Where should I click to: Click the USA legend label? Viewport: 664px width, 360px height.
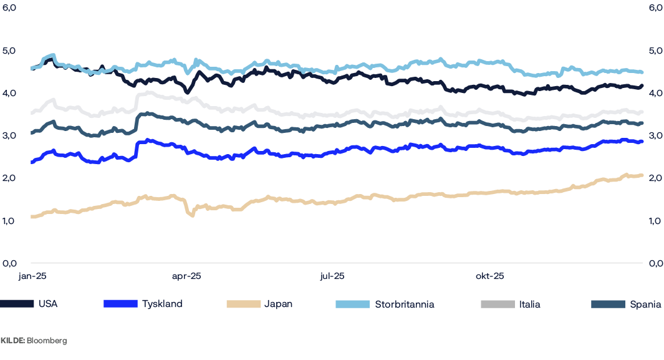tap(48, 304)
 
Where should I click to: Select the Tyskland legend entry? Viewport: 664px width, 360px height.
tap(162, 304)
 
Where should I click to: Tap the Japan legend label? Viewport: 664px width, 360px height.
tap(278, 304)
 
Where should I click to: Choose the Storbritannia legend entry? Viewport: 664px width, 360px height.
tap(404, 304)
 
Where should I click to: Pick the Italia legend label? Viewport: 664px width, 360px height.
tap(529, 304)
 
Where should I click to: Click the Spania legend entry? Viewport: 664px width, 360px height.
tap(645, 304)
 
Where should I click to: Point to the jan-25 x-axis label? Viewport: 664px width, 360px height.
tap(32, 276)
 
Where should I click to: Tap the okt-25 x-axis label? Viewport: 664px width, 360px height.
tap(489, 276)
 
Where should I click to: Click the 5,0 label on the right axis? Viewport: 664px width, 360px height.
tap(655, 51)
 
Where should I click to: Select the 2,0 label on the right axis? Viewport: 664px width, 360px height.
tap(655, 178)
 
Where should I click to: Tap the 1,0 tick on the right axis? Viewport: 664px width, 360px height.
tap(655, 220)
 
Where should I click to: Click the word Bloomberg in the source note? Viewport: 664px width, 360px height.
tap(47, 341)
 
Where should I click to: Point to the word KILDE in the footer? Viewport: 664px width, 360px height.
tap(12, 341)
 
